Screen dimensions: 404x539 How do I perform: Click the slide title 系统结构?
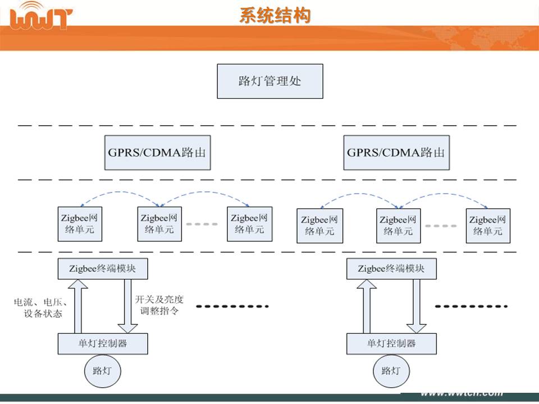(x=275, y=16)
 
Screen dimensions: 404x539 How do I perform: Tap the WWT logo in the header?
(x=42, y=17)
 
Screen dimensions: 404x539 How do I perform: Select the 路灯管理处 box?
(x=270, y=81)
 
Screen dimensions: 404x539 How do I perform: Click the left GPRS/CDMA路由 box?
(x=157, y=152)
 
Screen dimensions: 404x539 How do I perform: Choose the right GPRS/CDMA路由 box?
(x=396, y=152)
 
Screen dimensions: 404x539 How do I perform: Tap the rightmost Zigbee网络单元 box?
(x=488, y=227)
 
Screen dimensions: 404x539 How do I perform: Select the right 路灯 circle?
(x=391, y=370)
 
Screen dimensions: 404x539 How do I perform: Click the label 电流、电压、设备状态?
(x=38, y=307)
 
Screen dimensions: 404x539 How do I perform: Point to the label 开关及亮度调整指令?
(x=159, y=305)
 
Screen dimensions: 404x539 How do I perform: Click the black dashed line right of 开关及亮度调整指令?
(x=233, y=306)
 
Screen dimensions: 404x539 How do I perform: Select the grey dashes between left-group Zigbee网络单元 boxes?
(x=202, y=224)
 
